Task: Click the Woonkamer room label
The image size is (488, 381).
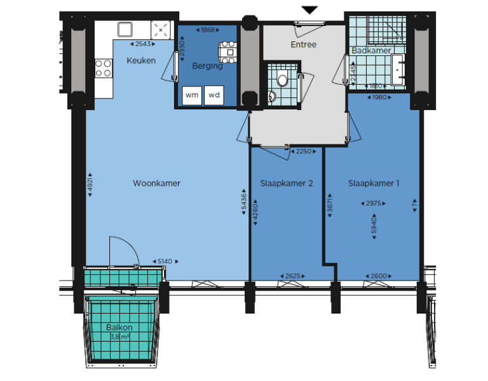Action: tap(156, 183)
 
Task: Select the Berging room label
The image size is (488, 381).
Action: tap(207, 66)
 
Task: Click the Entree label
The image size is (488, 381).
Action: tap(303, 45)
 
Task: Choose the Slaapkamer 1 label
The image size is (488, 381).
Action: tap(374, 183)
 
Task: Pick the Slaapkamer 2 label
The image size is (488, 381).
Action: tap(287, 183)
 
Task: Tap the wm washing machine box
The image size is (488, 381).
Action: tap(192, 95)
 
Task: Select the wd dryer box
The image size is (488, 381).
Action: tap(215, 95)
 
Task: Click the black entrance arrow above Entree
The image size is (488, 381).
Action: tap(309, 10)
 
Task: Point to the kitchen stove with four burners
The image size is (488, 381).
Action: tap(103, 68)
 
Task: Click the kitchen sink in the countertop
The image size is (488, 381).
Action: tap(124, 29)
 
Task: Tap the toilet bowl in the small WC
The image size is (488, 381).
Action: tap(282, 80)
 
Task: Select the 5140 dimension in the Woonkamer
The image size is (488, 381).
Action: tap(165, 261)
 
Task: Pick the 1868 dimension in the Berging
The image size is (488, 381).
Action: tap(207, 30)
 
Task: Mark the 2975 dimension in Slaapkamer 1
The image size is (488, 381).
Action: tap(374, 203)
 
